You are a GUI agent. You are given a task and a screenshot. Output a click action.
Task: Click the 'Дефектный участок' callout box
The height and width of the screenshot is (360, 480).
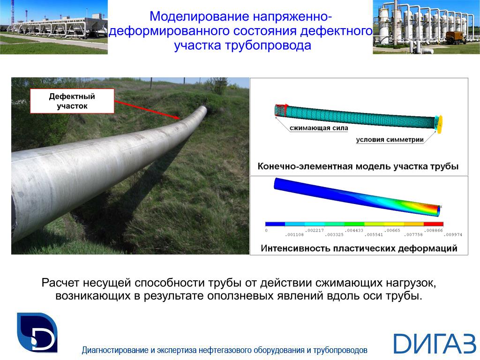pos(72,101)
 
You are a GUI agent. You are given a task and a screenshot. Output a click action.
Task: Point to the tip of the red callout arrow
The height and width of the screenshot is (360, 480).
pos(180,119)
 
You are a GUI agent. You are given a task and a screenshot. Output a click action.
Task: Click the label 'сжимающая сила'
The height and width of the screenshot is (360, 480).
pos(319,128)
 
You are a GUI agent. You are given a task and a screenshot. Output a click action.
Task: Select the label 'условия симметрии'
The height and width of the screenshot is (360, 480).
pos(390,140)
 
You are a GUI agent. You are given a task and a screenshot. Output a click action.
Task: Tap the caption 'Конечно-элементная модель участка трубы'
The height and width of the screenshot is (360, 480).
pos(358,166)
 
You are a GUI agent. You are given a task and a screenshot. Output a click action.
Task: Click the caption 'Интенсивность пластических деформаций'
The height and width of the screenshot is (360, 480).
pos(359,248)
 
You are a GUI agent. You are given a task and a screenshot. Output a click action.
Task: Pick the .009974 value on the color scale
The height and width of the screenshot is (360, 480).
pos(454,235)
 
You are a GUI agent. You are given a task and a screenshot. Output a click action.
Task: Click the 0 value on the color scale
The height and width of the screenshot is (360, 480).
pos(266,231)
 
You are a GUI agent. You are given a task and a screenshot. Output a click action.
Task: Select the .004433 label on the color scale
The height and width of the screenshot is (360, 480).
pos(354,231)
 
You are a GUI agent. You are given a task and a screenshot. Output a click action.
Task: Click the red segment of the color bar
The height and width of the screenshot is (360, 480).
pos(434,224)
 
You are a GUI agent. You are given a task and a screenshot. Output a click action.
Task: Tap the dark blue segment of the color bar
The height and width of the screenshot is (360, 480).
pos(275,224)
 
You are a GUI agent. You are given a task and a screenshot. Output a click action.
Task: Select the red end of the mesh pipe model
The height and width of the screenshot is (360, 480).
pos(280,111)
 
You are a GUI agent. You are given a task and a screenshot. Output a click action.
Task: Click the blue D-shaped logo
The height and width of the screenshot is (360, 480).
pos(37,332)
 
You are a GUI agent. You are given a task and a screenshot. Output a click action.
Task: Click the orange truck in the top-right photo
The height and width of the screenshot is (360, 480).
pos(455,37)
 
